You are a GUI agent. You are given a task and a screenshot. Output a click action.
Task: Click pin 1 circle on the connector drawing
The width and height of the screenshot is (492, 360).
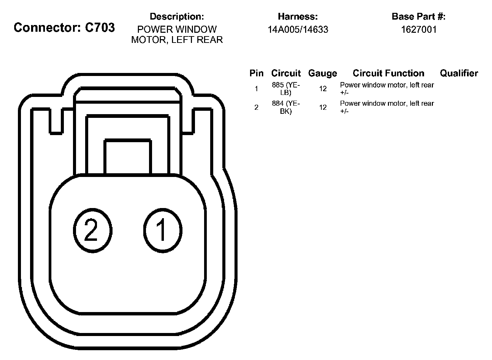[163, 231]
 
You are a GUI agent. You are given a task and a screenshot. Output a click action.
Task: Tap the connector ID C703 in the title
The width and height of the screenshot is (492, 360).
[100, 27]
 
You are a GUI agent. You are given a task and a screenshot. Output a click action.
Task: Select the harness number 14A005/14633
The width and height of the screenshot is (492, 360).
[298, 30]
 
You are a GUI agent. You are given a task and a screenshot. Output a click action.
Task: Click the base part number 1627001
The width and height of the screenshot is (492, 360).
[419, 30]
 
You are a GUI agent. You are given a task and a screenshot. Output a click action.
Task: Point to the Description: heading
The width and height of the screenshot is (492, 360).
[177, 17]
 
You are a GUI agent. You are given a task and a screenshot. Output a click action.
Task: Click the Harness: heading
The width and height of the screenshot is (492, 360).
[298, 17]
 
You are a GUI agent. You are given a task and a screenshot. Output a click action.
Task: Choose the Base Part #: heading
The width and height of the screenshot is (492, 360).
[419, 17]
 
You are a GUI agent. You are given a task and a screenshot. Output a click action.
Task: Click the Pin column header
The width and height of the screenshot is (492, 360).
[256, 73]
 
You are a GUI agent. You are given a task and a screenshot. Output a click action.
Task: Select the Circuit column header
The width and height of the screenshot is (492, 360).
[286, 73]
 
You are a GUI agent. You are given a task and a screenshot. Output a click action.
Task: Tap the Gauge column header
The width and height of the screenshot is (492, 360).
[323, 73]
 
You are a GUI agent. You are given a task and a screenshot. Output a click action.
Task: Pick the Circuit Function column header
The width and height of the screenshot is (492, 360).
[388, 73]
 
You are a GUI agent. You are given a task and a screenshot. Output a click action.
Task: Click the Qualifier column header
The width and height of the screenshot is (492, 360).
[459, 73]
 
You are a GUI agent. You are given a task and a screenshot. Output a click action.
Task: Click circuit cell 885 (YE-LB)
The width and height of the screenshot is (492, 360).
[286, 89]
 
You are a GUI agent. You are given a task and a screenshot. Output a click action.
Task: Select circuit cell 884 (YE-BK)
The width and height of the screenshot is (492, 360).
[286, 107]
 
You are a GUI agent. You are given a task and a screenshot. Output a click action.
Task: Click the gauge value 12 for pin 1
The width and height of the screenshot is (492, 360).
[323, 89]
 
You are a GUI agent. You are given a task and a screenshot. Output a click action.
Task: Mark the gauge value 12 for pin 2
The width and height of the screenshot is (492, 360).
[323, 107]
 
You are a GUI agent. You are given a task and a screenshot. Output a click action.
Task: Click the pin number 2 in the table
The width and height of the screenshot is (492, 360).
[256, 107]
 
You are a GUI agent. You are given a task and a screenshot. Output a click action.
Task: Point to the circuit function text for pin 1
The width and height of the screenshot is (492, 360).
[387, 89]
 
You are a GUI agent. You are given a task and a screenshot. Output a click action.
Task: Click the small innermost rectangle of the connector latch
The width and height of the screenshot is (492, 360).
[128, 157]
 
